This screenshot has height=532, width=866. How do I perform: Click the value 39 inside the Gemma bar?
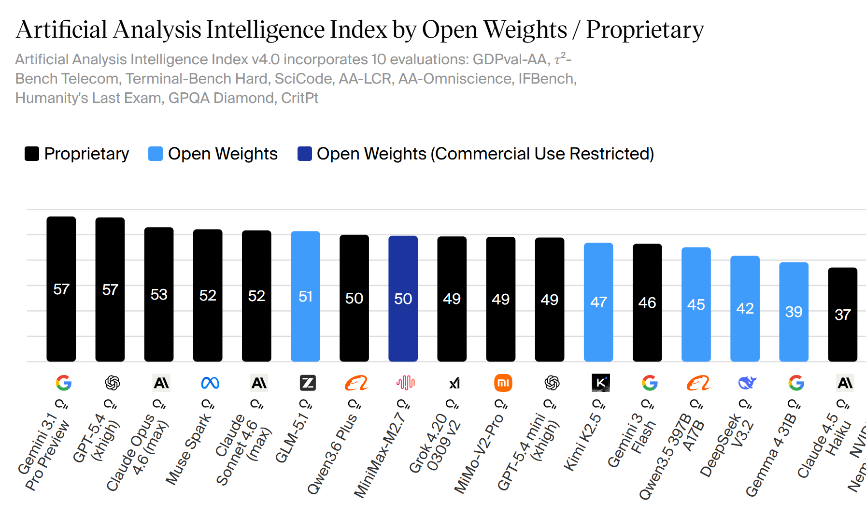794,312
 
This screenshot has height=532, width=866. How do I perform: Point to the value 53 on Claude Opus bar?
159,294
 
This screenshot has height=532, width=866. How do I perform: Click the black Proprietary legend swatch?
32,154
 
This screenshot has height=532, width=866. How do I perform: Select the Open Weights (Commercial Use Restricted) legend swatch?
304,154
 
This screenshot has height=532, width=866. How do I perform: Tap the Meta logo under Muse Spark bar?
210,383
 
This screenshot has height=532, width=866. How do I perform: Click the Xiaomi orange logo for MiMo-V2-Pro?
503,383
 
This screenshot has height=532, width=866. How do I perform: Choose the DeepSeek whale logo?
747,383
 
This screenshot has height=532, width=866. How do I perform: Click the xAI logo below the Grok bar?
454,383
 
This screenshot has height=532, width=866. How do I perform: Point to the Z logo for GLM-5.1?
308,383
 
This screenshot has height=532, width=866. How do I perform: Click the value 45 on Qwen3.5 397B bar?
696,304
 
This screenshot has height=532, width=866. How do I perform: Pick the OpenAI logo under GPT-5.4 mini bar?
552,383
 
